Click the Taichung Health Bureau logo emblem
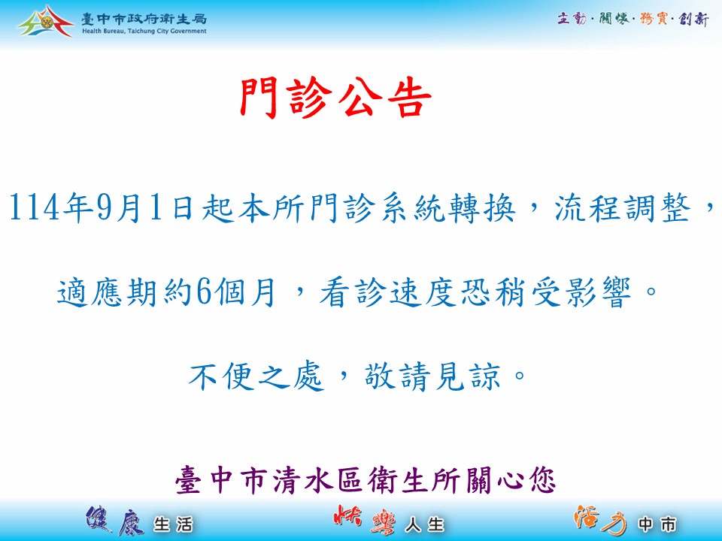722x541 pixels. click(45, 22)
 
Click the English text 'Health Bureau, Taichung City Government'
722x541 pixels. click(144, 32)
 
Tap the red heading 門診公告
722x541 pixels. click(335, 98)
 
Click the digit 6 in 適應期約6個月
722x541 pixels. click(204, 292)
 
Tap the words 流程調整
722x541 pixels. click(623, 208)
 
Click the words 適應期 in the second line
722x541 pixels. click(107, 292)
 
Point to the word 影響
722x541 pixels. click(581, 292)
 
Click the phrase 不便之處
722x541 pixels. click(256, 376)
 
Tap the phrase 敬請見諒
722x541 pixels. click(432, 376)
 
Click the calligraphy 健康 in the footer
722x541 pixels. click(115, 521)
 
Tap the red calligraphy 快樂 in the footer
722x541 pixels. click(365, 520)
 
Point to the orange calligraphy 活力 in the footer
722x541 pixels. click(600, 520)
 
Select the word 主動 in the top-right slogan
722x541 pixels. click(572, 18)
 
